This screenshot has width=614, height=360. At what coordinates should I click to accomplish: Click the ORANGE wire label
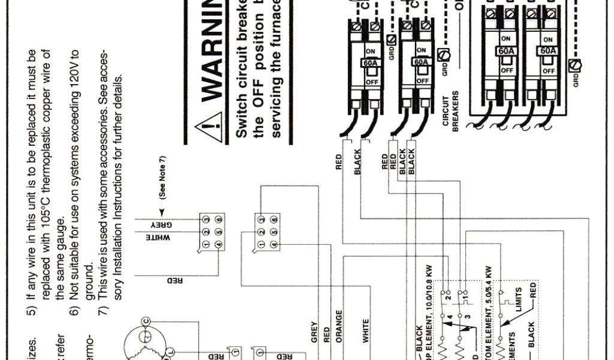tap(339, 326)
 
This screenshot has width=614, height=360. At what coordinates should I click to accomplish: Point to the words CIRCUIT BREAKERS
tap(450, 108)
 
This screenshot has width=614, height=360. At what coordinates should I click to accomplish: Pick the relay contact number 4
tap(449, 315)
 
